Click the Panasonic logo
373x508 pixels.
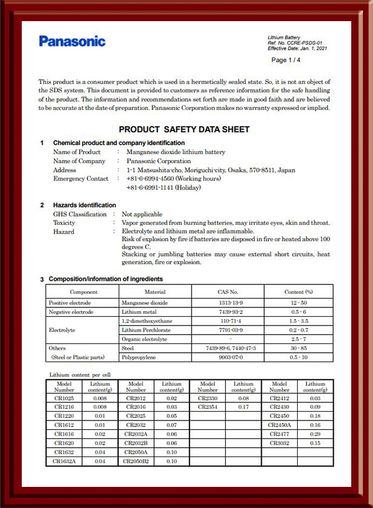point(72,42)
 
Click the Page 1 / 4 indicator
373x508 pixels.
point(285,60)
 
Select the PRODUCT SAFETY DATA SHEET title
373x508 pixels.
point(184,130)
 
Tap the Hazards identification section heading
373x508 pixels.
point(85,205)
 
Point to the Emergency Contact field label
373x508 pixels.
point(81,179)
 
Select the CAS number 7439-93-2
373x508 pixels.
point(224,312)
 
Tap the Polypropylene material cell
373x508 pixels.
point(142,358)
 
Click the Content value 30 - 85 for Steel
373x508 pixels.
point(298,348)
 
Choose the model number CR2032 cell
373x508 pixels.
point(136,425)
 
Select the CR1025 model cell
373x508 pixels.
point(63,397)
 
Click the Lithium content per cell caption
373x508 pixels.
point(80,375)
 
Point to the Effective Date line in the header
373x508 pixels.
point(297,48)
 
